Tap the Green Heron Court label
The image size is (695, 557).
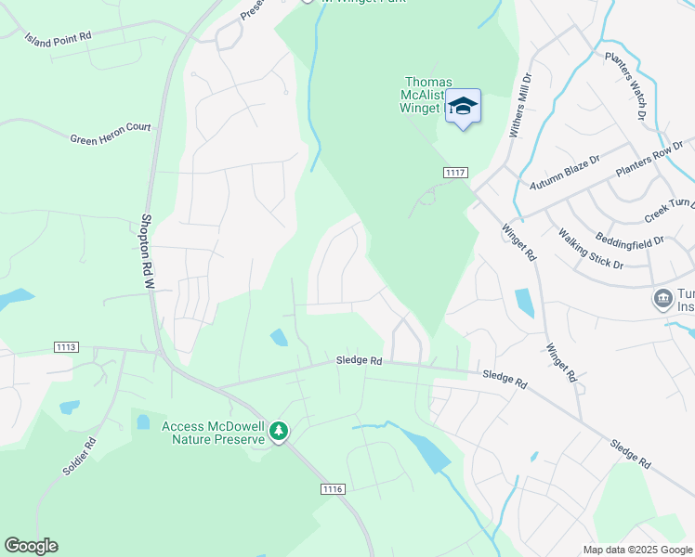(x=111, y=134)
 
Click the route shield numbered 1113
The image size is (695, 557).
(x=65, y=347)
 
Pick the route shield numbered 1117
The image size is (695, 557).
(x=454, y=173)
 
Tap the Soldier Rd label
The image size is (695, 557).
(x=79, y=457)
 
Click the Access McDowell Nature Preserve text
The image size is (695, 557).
(x=213, y=433)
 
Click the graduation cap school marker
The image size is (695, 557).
(x=462, y=107)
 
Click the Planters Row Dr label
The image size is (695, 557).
(x=654, y=159)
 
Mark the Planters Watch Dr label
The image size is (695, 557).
(x=625, y=86)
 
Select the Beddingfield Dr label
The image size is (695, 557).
(x=630, y=240)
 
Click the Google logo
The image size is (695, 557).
(x=31, y=546)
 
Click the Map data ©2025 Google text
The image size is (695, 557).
(x=638, y=550)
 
